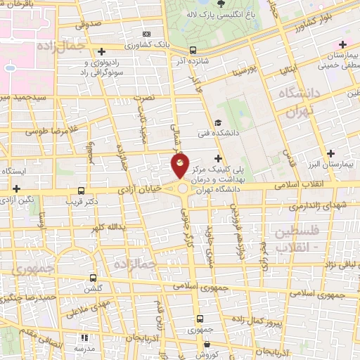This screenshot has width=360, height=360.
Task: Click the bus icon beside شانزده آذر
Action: pos(193,50)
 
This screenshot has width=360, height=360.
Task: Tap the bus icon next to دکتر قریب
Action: pos(82,191)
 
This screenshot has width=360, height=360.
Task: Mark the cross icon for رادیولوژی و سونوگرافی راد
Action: pos(103,51)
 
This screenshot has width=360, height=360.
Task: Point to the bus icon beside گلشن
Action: pos(94,278)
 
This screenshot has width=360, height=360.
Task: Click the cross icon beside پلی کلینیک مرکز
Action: pos(218,158)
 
